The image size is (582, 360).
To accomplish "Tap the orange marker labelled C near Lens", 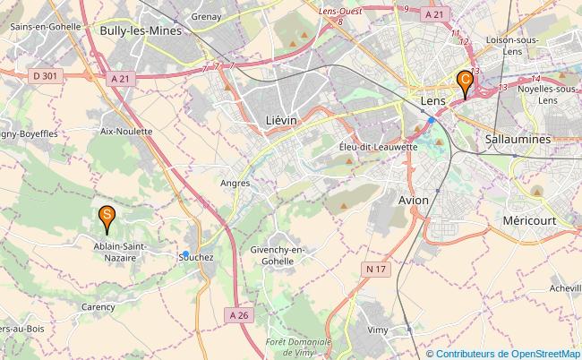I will click(464, 81).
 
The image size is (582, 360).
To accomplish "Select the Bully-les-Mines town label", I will click(141, 30).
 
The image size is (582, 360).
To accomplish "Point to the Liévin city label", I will click(281, 118).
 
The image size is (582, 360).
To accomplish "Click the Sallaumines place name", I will click(518, 140).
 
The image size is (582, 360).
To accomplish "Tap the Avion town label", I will click(415, 200).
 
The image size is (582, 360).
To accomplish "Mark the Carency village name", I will click(98, 306).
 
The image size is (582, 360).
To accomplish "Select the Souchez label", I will click(194, 256).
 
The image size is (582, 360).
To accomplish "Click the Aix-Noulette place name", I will click(126, 131).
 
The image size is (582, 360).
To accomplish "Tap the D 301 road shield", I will click(45, 76).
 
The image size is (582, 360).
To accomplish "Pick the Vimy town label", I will click(378, 330).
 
